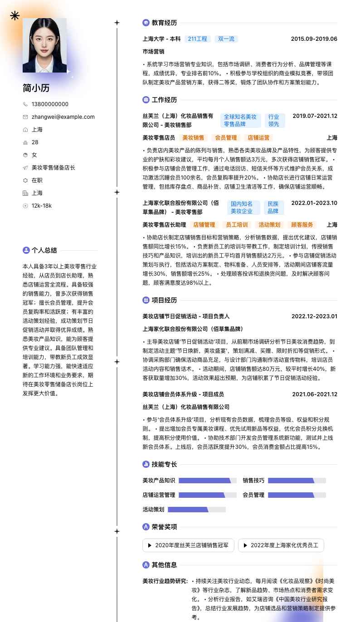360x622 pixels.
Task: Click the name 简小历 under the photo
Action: pyautogui.click(x=36, y=88)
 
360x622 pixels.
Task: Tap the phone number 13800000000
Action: pyautogui.click(x=50, y=104)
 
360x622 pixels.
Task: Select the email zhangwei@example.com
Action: pyautogui.click(x=63, y=117)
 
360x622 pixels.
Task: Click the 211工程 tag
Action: pyautogui.click(x=197, y=39)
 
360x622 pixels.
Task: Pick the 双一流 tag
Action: pyautogui.click(x=226, y=39)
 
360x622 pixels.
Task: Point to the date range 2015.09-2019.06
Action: pyautogui.click(x=314, y=39)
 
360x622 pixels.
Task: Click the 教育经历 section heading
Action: pyautogui.click(x=164, y=23)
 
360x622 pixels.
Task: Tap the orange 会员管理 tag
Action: pyautogui.click(x=226, y=138)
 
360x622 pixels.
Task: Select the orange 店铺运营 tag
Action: pyautogui.click(x=258, y=138)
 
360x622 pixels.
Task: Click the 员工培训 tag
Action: pyautogui.click(x=237, y=225)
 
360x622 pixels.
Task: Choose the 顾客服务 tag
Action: pyautogui.click(x=302, y=225)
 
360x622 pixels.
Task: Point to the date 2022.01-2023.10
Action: pyautogui.click(x=314, y=203)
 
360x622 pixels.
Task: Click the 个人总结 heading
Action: pyautogui.click(x=44, y=250)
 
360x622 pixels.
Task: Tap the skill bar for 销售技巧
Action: pyautogui.click(x=297, y=481)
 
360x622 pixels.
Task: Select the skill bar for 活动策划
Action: pyautogui.click(x=196, y=510)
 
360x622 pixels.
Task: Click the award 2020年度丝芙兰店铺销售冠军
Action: pyautogui.click(x=188, y=545)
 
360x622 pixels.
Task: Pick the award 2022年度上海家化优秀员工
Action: pyautogui.click(x=281, y=545)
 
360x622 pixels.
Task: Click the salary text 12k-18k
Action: pyautogui.click(x=42, y=206)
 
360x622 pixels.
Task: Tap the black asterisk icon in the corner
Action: pyautogui.click(x=15, y=16)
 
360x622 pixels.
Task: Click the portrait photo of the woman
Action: pyautogui.click(x=44, y=45)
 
